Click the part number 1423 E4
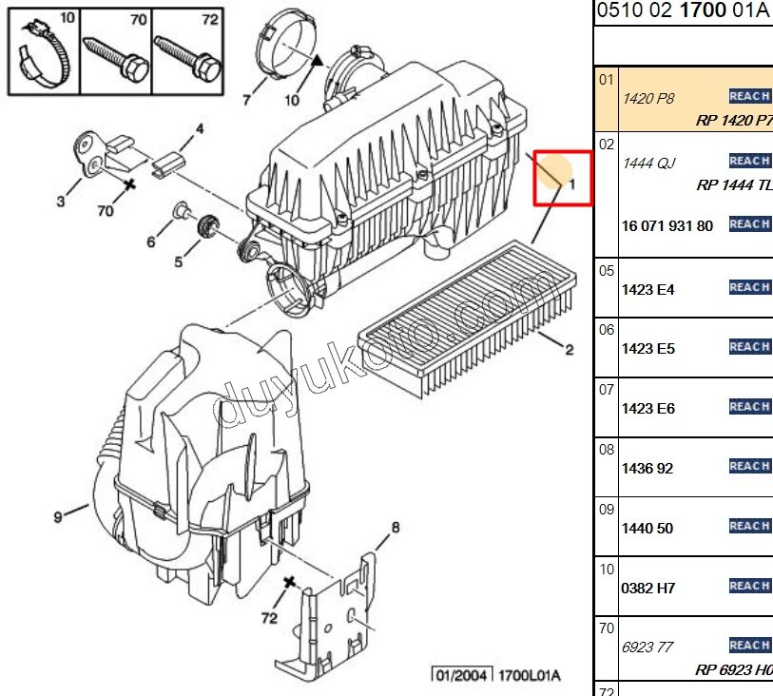(647, 289)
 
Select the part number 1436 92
(647, 469)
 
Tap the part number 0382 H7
(647, 589)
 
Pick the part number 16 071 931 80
(667, 226)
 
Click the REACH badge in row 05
(749, 287)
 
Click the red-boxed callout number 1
(571, 185)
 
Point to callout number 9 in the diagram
(58, 517)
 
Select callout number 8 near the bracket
(396, 528)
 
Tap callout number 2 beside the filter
(570, 350)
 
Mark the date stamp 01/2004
(463, 675)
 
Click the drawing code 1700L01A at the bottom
(530, 675)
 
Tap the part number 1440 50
(647, 529)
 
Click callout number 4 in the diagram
(200, 128)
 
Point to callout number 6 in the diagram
(151, 242)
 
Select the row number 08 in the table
(606, 450)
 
